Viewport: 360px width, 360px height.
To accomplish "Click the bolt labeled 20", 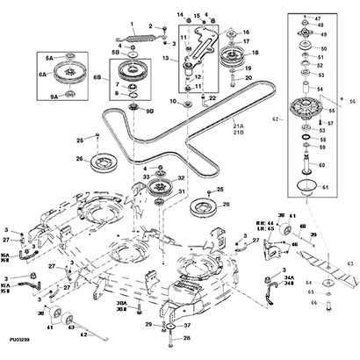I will tap(234, 83).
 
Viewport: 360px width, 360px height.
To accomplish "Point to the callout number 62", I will tap(275, 117).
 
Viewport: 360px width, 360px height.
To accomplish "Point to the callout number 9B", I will tap(149, 112).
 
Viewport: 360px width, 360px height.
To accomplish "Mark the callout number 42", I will tap(84, 334).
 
